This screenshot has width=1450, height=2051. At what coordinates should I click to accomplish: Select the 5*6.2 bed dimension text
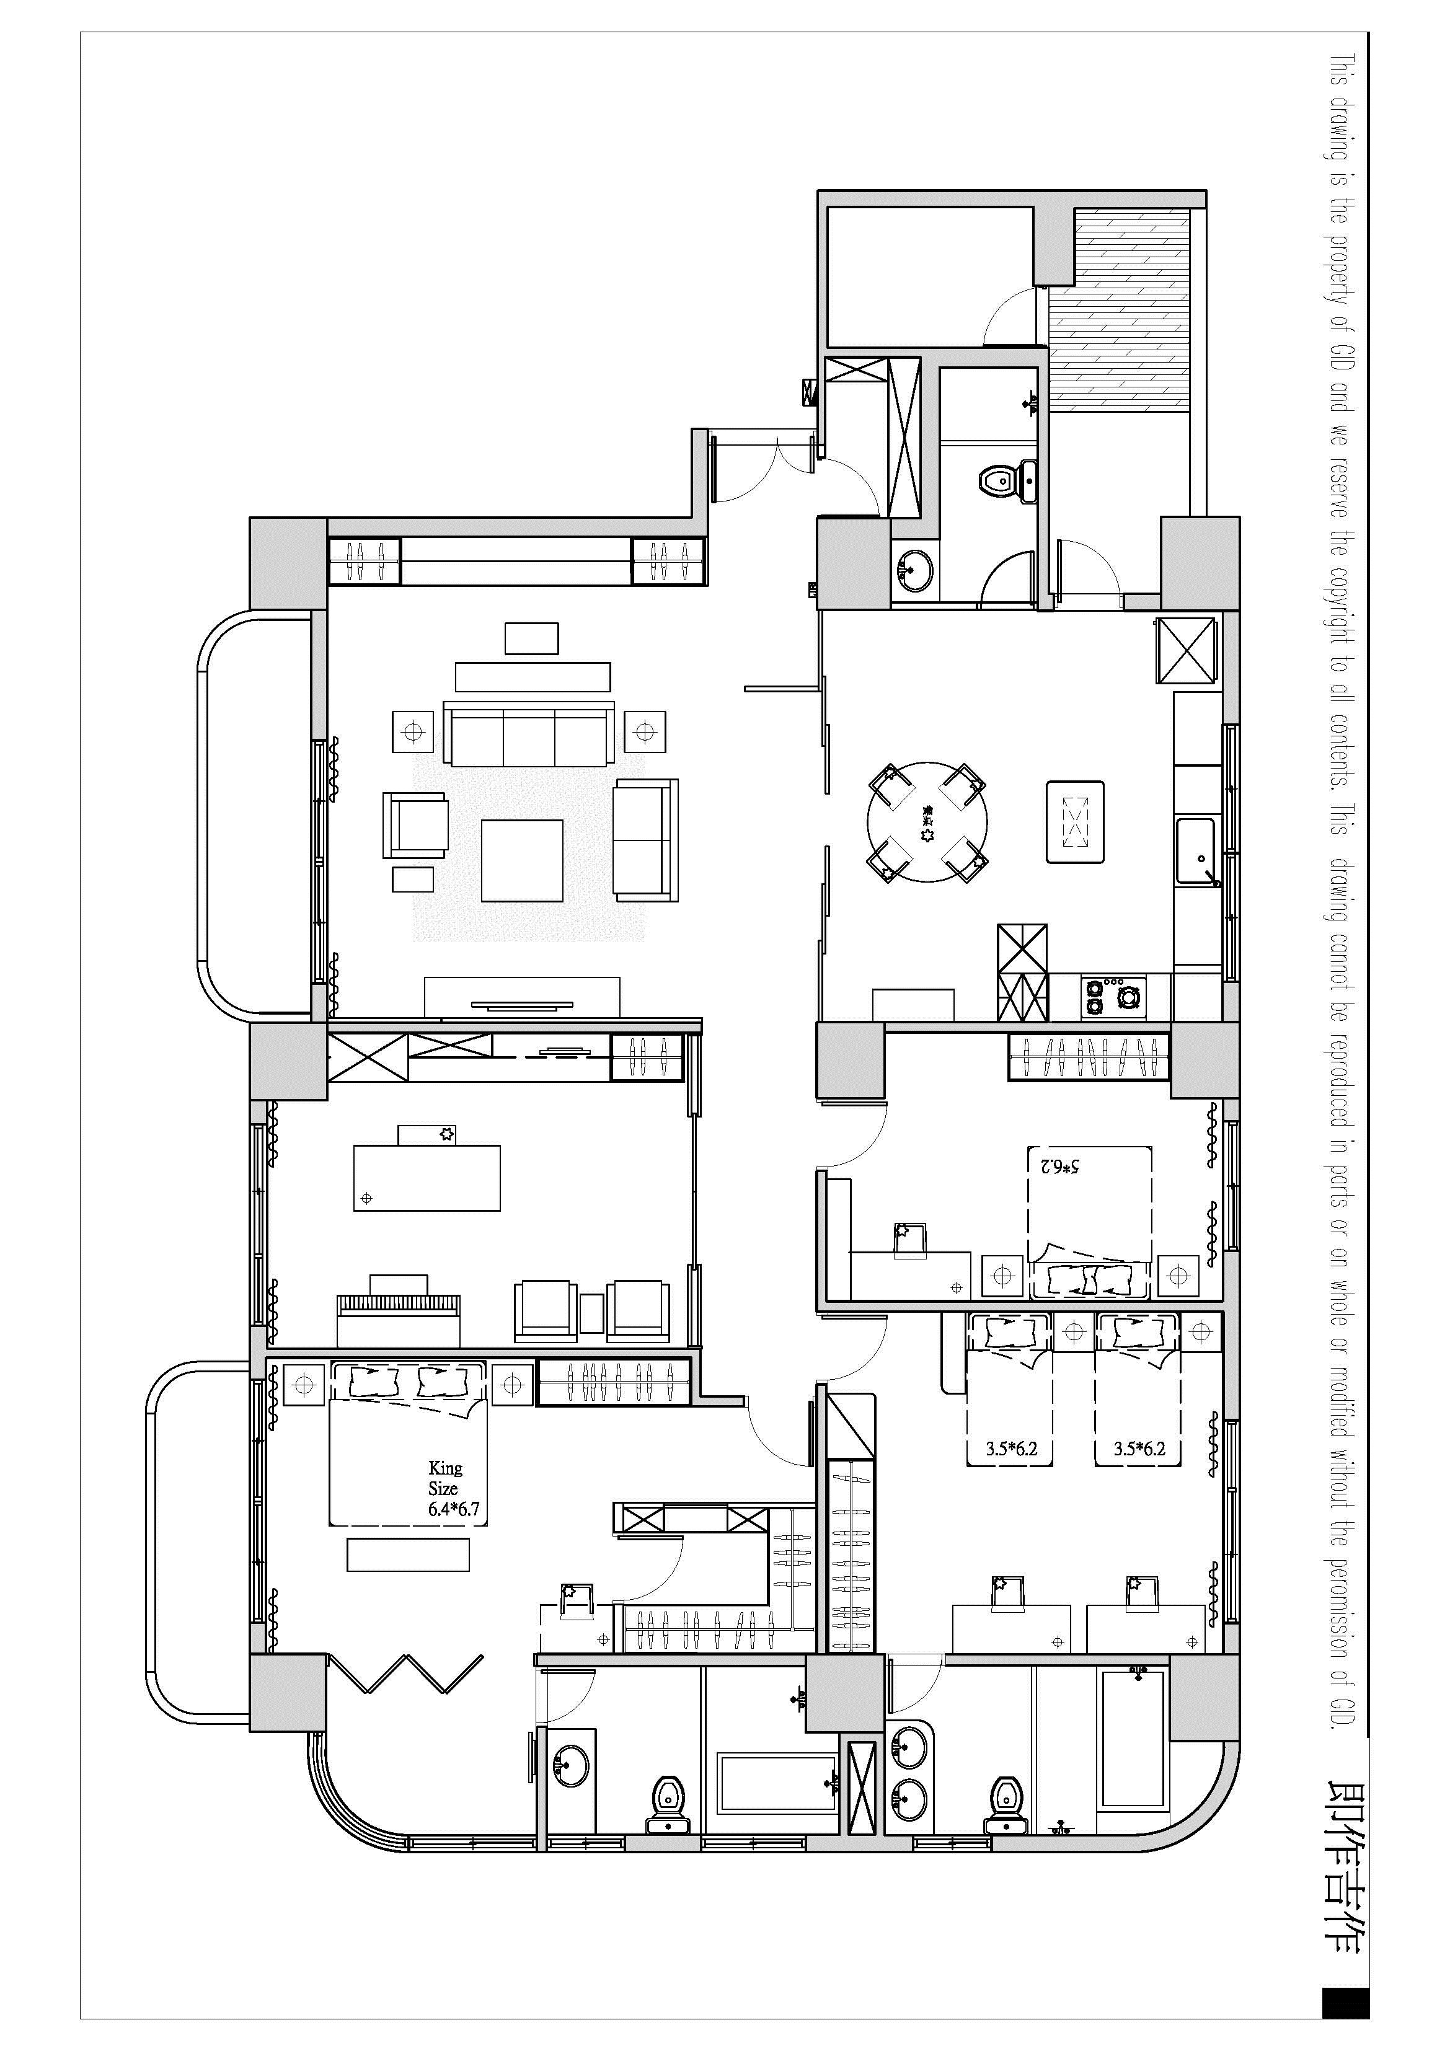click(1059, 1167)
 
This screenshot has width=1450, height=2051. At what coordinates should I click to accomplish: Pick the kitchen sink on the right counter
click(1195, 850)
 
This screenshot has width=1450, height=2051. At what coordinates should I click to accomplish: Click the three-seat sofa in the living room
click(529, 735)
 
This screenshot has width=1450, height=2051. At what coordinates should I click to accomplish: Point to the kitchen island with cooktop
click(1075, 822)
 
